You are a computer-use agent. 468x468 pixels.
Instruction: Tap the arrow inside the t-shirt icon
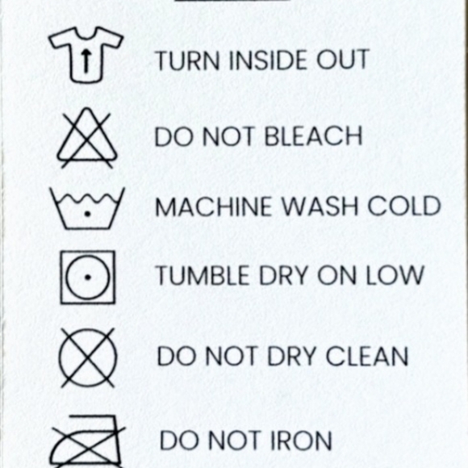pos(86,61)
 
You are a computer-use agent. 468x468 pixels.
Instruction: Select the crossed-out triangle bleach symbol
pos(87,138)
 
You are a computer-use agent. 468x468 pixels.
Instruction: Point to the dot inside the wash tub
pos(87,214)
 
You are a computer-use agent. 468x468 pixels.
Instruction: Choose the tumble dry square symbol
pos(61,278)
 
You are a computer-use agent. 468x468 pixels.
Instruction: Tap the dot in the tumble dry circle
pos(87,278)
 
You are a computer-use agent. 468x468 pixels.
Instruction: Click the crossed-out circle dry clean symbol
pos(87,357)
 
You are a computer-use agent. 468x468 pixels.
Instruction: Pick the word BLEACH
pos(313,136)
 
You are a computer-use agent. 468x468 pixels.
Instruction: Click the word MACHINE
pos(213,207)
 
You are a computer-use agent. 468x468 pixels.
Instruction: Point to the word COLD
pos(404,207)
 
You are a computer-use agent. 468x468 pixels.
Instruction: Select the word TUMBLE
pos(203,275)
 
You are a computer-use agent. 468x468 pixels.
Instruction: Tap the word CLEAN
pos(367,356)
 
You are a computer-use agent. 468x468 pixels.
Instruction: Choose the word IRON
pos(301,441)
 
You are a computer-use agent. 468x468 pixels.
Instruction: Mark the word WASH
pos(320,207)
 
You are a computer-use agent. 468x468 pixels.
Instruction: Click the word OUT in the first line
pos(343,60)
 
